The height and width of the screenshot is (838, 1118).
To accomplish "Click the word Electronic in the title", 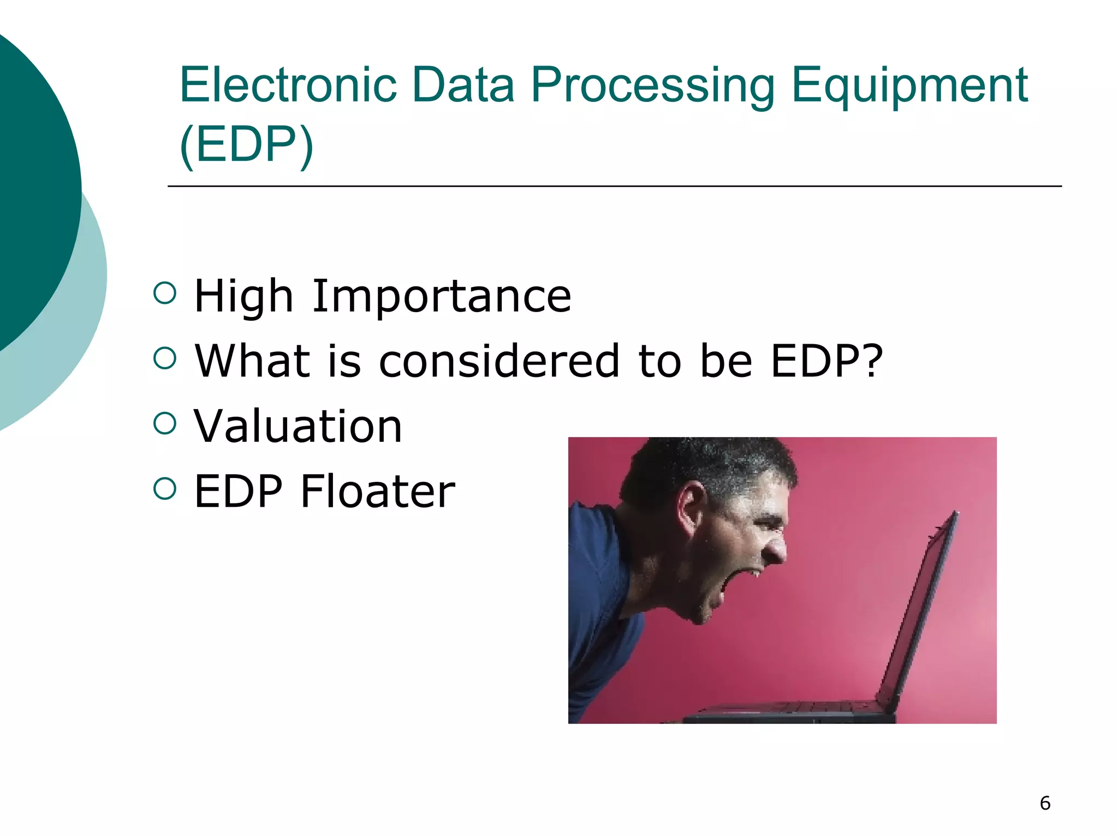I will (288, 85).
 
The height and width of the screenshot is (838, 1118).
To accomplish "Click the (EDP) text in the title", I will (246, 144).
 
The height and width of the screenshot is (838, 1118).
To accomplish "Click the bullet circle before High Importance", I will (165, 293).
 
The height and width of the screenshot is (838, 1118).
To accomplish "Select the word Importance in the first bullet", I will (441, 296).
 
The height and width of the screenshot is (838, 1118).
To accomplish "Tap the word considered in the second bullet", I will (499, 361).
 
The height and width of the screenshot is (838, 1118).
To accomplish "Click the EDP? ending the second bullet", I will (826, 361).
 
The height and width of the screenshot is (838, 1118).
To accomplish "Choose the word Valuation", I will (298, 426).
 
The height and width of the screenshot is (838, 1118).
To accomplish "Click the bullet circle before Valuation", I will (165, 423).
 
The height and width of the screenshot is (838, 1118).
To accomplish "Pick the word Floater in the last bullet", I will (377, 492).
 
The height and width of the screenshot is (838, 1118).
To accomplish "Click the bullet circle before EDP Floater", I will (165, 488).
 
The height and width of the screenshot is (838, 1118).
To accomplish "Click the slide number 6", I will (1045, 803).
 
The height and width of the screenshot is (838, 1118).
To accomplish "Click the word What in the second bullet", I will (252, 361).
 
